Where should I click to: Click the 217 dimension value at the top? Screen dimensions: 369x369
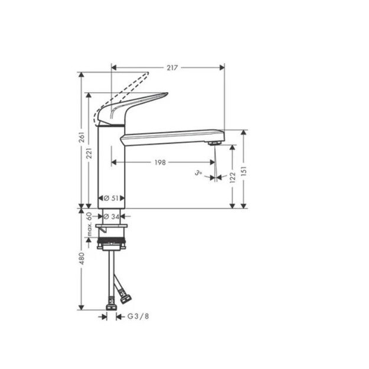pyautogui.click(x=172, y=68)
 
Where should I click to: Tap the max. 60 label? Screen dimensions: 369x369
pyautogui.click(x=90, y=224)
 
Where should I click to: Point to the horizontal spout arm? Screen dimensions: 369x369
pyautogui.click(x=171, y=138)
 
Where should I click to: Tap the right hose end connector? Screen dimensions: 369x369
pyautogui.click(x=125, y=299)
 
